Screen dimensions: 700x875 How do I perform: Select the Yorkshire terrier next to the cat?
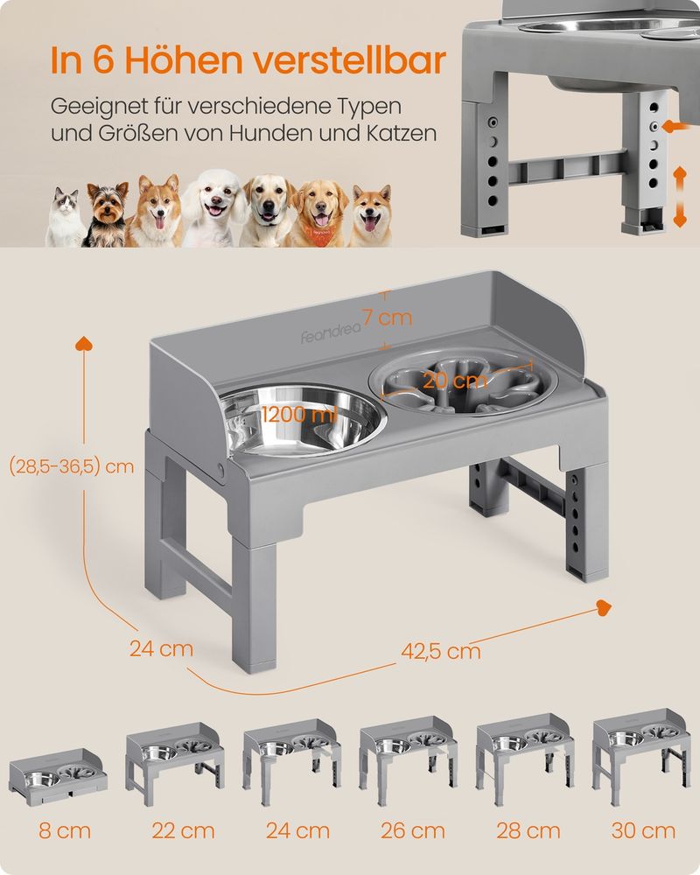[106, 214]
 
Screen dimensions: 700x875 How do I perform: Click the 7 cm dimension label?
[388, 318]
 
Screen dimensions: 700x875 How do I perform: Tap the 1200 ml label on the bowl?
[300, 414]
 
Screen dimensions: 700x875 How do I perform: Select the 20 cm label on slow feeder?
[455, 381]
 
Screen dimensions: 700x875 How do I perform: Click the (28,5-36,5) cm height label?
[72, 466]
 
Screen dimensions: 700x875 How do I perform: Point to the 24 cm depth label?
[161, 648]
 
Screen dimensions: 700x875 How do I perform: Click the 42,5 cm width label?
[441, 651]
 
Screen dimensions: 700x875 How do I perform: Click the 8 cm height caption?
[65, 831]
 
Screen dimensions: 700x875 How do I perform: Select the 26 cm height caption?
[413, 831]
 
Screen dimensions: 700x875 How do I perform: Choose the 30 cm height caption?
[643, 831]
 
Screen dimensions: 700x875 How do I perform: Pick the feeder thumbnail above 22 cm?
[175, 763]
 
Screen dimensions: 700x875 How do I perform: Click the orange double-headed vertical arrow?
[679, 197]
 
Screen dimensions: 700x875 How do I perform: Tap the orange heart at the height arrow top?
[84, 344]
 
